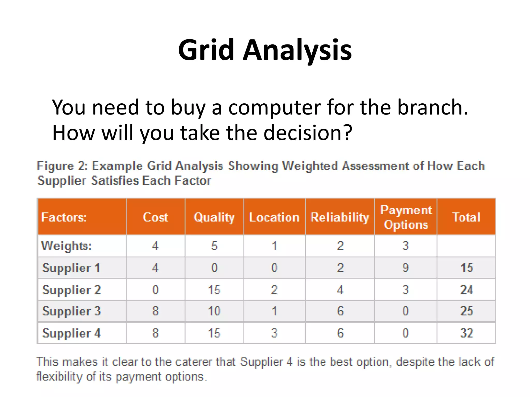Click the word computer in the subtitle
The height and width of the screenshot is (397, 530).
coord(274,108)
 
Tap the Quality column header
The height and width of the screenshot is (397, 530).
coord(214,217)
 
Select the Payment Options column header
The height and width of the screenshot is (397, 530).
coord(406,217)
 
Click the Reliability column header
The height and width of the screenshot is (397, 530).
coord(340,217)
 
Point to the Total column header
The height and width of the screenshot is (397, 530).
coord(466,217)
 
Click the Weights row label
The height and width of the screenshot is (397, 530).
coord(67,246)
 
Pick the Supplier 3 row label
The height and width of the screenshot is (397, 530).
coord(71,311)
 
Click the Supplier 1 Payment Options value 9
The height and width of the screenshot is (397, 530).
coord(406,268)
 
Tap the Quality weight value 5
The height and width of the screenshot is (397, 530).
coord(214,246)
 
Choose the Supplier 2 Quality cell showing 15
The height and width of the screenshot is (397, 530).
coord(214,290)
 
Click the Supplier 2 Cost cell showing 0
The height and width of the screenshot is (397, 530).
coord(155,290)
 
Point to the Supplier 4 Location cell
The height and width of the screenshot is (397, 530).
coord(274,333)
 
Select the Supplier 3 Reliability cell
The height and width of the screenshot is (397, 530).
coord(340,311)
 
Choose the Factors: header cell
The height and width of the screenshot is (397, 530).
coord(64,217)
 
